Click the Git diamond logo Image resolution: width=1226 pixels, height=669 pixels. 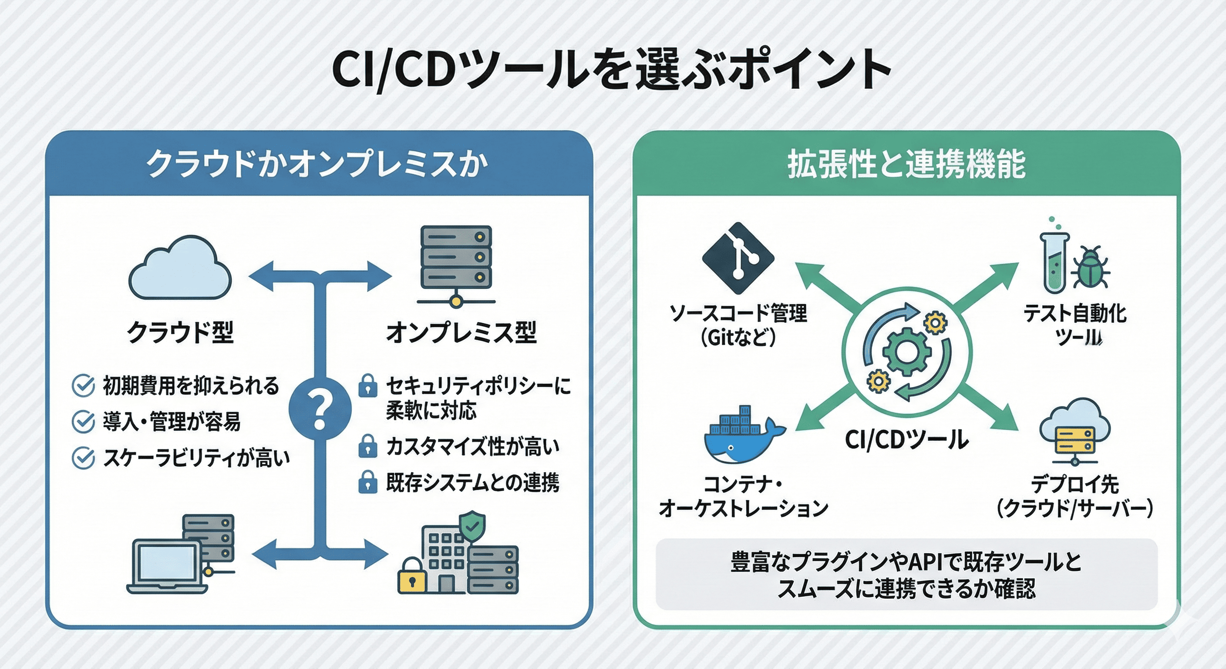pos(738,257)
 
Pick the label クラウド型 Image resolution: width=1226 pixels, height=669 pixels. pos(180,332)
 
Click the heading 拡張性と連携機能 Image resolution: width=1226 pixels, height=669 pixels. pos(906,164)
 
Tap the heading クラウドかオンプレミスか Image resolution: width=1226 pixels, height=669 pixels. pos(318,164)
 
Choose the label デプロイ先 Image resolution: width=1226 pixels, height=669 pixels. pos(1074,484)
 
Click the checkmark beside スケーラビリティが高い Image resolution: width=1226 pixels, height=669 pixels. pos(83,458)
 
